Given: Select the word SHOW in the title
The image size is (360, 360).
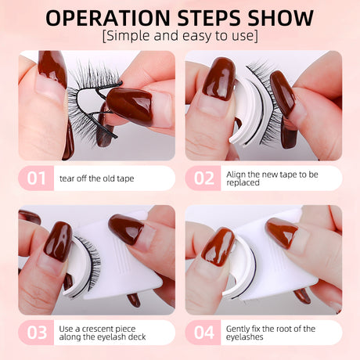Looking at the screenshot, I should [284, 18].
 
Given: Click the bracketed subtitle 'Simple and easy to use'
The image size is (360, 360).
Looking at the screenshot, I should [180, 37].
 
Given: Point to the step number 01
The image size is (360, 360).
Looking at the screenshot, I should [36, 178].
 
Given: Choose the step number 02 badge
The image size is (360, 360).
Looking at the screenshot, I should [203, 178].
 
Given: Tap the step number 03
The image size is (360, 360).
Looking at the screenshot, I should [36, 332].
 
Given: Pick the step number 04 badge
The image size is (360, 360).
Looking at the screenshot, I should [203, 332].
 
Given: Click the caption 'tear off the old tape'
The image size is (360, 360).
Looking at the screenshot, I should [97, 178].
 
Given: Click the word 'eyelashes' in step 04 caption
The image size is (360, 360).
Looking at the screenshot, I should [245, 337].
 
